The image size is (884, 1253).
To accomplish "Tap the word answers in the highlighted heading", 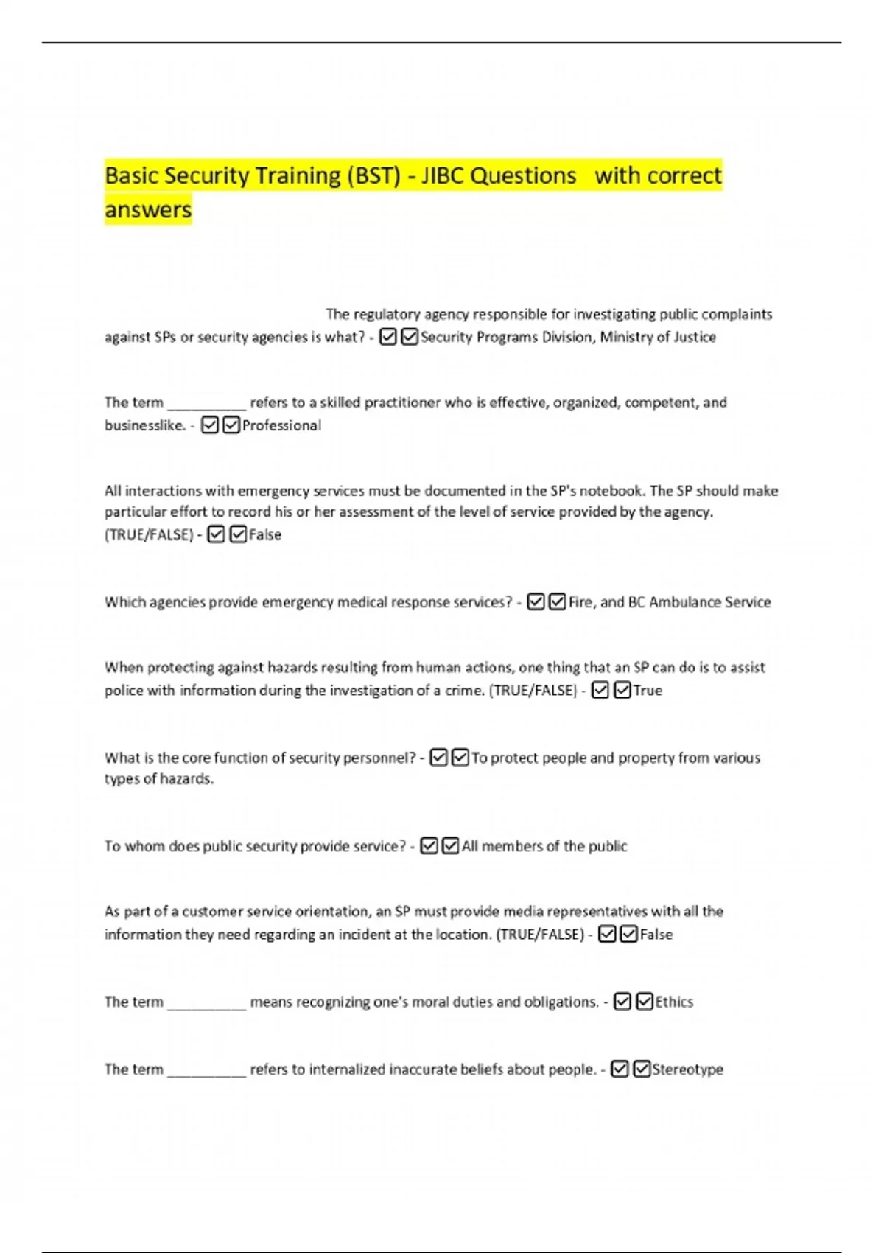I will pyautogui.click(x=148, y=210).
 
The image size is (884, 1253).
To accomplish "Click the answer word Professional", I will pyautogui.click(x=281, y=425).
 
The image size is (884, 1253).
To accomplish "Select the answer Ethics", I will pyautogui.click(x=674, y=1002).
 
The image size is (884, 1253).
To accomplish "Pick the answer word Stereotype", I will pyautogui.click(x=687, y=1069).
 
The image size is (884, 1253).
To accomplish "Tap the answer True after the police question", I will pyautogui.click(x=648, y=691).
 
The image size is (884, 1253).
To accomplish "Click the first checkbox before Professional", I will pyautogui.click(x=210, y=425).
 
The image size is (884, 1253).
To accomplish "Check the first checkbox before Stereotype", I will pyautogui.click(x=620, y=1069).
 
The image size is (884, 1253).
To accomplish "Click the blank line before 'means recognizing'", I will pyautogui.click(x=206, y=1004).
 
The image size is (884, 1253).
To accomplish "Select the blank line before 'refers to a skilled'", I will pyautogui.click(x=206, y=405).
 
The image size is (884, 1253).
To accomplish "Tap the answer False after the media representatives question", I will pyautogui.click(x=656, y=935).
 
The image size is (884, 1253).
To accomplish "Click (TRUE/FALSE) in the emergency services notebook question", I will pyautogui.click(x=149, y=535).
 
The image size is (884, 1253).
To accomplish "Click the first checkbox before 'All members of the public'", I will pyautogui.click(x=429, y=846).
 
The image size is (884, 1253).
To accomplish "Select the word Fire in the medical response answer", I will pyautogui.click(x=580, y=602).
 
